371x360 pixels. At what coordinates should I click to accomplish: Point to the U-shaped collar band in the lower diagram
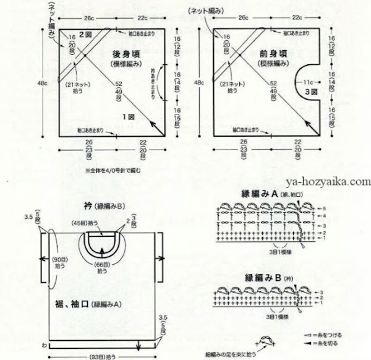103,244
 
